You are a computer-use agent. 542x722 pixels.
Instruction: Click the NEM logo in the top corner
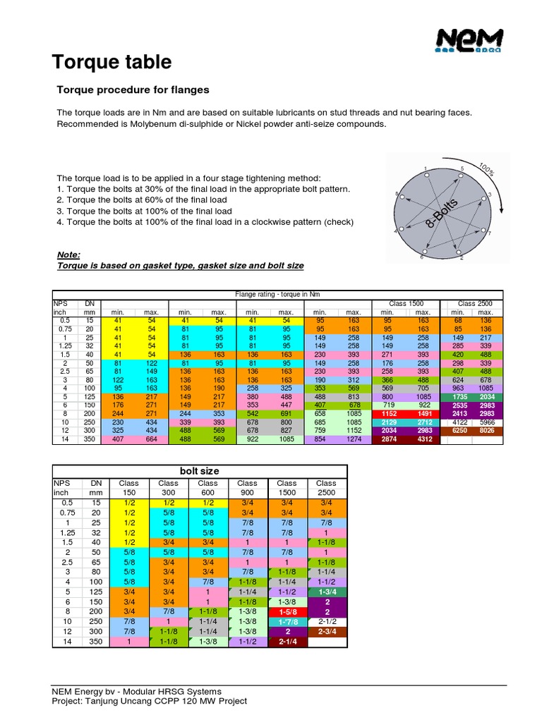click(x=469, y=41)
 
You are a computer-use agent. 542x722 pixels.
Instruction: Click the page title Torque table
click(x=112, y=62)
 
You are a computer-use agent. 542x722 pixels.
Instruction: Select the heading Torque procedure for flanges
click(x=132, y=90)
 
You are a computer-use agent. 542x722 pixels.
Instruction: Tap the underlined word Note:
click(x=68, y=255)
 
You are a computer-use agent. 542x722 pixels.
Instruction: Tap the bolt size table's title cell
click(x=200, y=470)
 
